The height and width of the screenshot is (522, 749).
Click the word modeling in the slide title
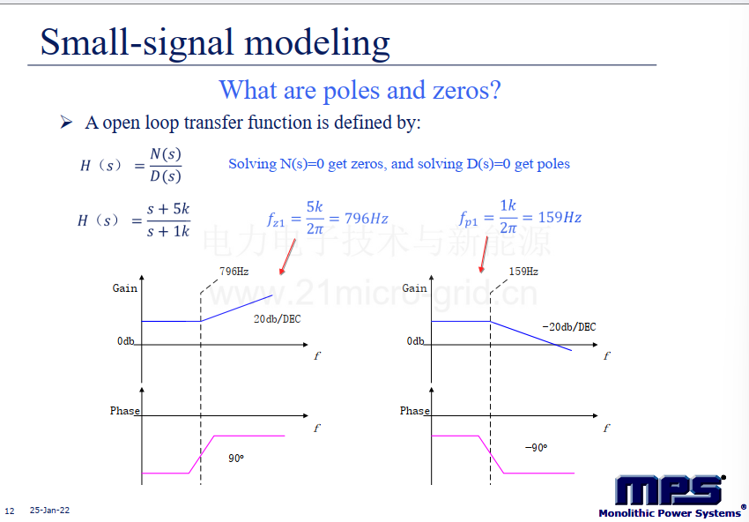tap(317, 44)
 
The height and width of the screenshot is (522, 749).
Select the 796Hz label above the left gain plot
tap(234, 272)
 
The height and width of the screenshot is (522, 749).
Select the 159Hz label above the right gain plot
tap(523, 272)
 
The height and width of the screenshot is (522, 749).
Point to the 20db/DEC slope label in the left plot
tap(277, 319)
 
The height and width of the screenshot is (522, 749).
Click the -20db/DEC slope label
tap(569, 327)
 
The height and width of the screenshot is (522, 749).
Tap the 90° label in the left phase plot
tap(236, 459)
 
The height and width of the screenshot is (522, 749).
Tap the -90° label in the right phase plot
tap(536, 448)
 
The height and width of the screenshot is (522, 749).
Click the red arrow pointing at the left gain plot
tap(287, 257)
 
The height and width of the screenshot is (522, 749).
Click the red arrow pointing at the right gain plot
tap(484, 255)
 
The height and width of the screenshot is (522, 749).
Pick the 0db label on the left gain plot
tap(126, 341)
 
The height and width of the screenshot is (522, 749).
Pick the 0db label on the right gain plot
tap(415, 341)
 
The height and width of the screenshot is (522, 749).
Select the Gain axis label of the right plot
tap(414, 288)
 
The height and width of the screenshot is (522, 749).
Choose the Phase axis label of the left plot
tap(124, 411)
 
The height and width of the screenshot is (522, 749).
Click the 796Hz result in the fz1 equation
tap(366, 219)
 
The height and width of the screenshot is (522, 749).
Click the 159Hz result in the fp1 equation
tap(560, 218)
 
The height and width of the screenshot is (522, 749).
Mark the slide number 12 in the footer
tap(10, 511)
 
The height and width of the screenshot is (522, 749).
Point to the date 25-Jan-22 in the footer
tap(49, 511)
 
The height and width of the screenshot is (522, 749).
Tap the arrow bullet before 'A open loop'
tap(66, 123)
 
